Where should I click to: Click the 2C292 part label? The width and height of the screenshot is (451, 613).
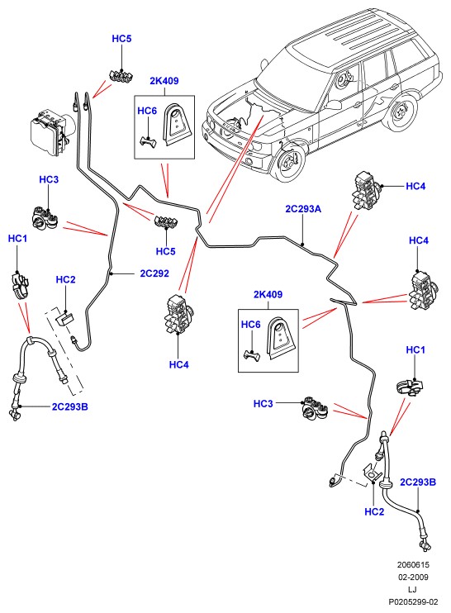coord(154,273)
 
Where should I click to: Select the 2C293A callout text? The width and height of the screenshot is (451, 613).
coord(303,209)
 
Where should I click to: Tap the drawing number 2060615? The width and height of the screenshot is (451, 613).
coord(413,564)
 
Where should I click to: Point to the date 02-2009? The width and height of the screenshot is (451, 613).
coord(413,577)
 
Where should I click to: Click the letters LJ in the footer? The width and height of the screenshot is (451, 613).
coord(413,590)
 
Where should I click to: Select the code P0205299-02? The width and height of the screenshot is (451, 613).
coord(413,602)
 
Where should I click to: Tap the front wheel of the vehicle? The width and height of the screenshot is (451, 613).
coord(288,161)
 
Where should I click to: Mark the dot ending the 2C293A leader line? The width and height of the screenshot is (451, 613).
coord(303,245)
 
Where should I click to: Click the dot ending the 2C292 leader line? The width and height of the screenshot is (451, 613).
coord(112,273)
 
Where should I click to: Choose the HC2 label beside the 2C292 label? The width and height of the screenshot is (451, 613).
coord(65,279)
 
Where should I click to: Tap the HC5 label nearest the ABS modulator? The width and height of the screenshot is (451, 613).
coord(121,39)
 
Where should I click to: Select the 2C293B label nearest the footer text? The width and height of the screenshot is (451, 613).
coord(417,482)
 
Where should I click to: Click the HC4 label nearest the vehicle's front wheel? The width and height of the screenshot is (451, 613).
coord(415,186)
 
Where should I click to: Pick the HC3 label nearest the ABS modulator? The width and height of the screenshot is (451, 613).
coord(49,179)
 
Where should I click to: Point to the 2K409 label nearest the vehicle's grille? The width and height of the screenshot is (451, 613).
coord(164,81)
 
